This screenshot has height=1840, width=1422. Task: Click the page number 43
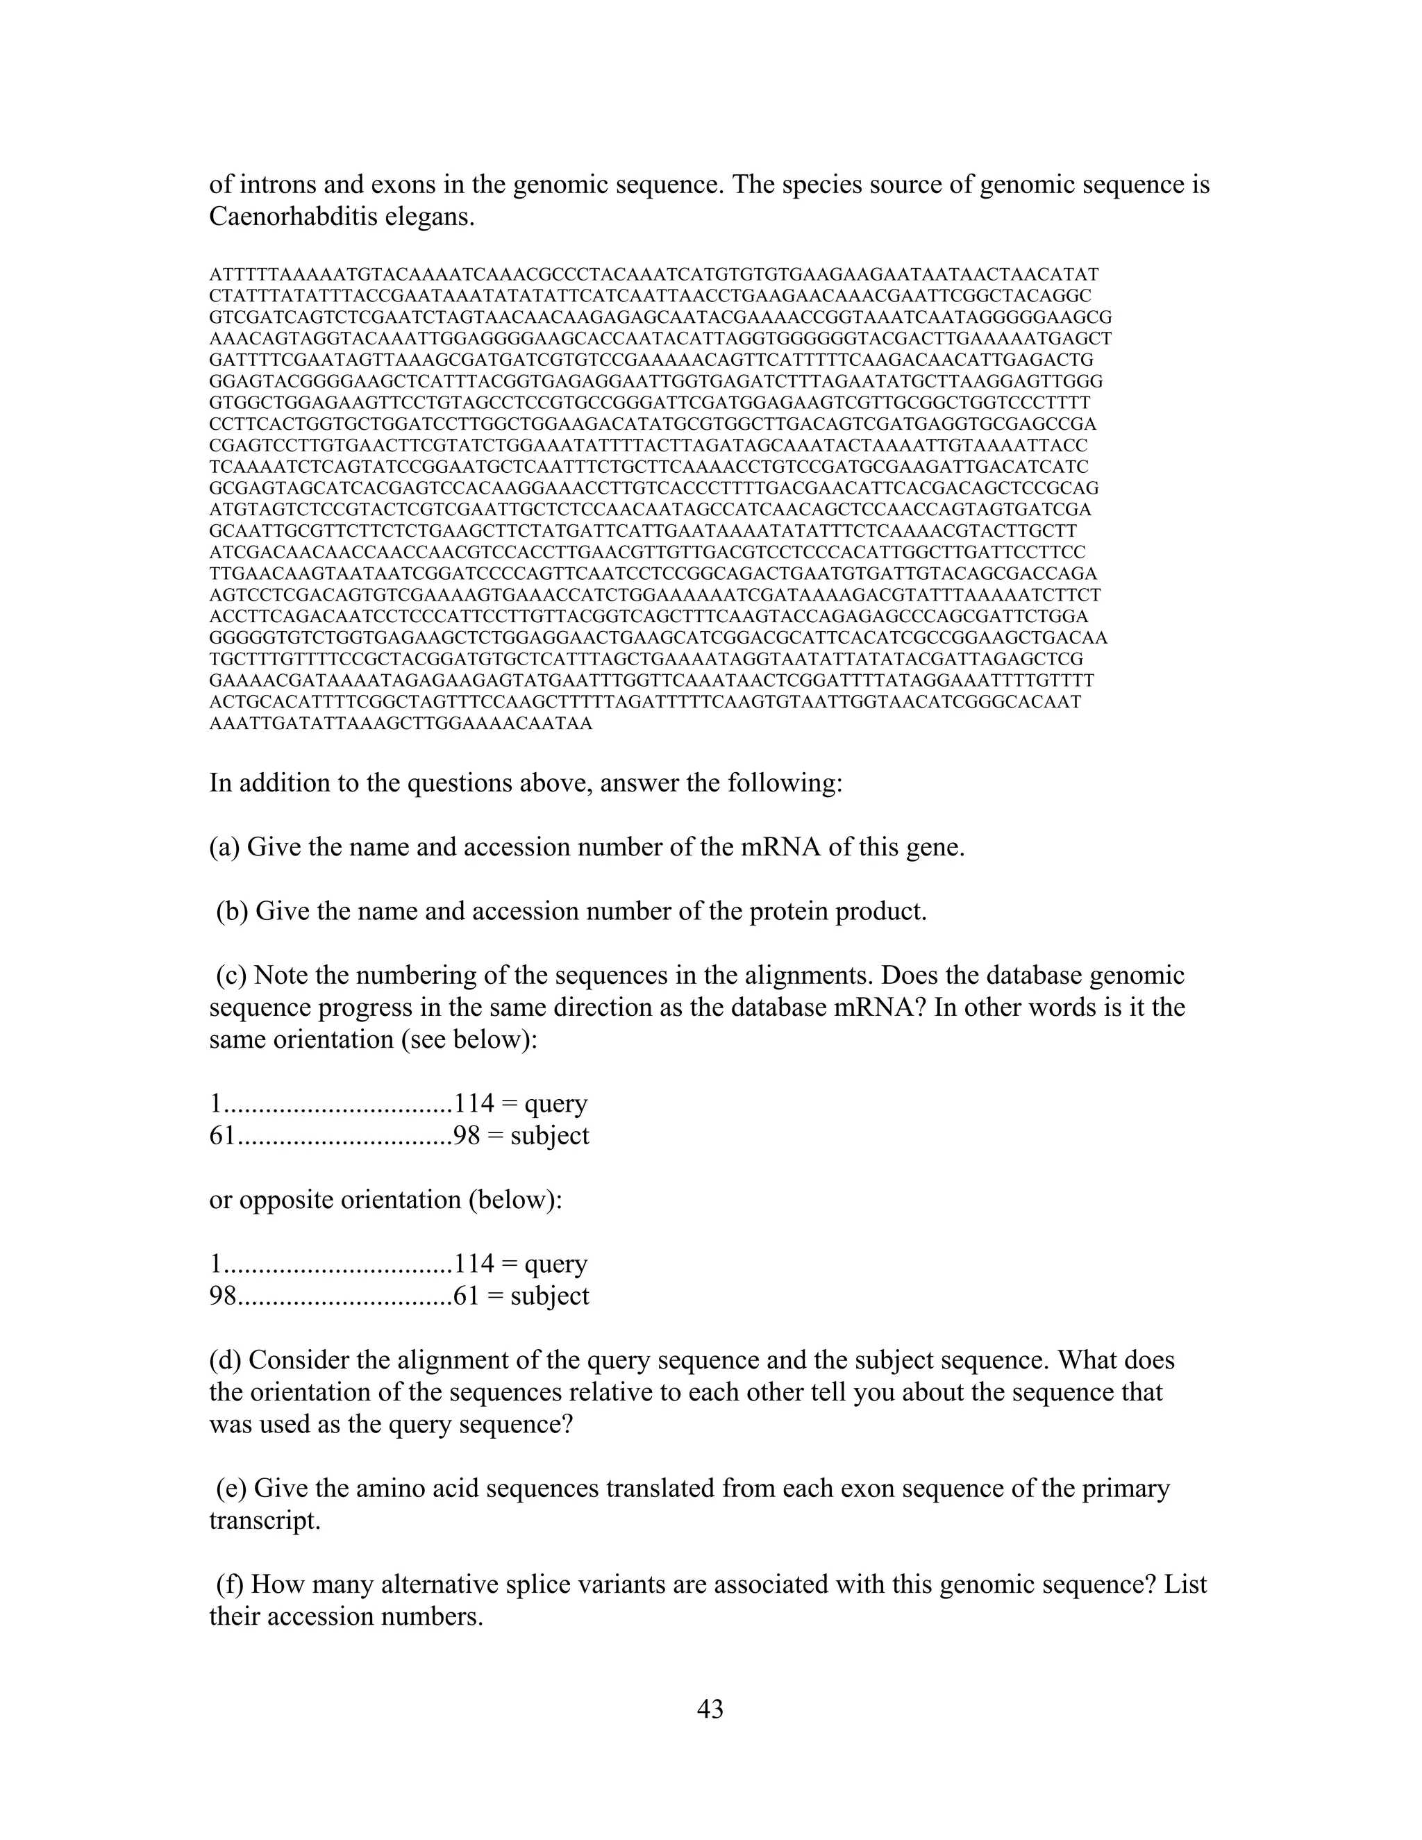tap(710, 1709)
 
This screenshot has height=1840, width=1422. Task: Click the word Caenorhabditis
tap(293, 217)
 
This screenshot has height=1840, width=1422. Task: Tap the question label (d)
tap(225, 1360)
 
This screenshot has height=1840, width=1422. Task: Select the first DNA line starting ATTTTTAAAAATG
tap(653, 275)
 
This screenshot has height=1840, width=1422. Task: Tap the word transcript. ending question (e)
tap(265, 1520)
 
